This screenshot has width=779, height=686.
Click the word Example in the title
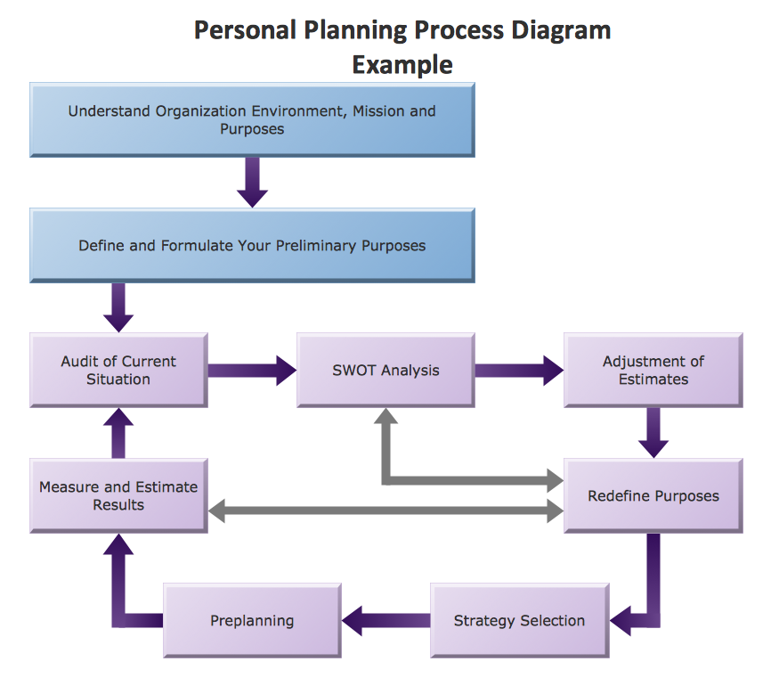pos(402,65)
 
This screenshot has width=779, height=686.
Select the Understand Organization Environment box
pos(252,120)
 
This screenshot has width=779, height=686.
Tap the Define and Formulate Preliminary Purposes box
pos(252,246)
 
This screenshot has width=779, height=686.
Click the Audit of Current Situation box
pos(118,371)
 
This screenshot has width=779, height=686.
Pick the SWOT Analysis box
pos(385,371)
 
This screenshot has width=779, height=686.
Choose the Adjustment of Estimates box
pos(653,371)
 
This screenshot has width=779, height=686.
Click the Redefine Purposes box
pos(653,495)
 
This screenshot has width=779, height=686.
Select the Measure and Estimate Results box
pos(118,495)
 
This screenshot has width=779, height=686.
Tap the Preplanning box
pos(252,621)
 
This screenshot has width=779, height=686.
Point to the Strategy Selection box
pos(519,621)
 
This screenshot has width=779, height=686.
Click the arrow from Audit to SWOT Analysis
pos(252,370)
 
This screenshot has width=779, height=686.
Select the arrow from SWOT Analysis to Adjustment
pos(519,370)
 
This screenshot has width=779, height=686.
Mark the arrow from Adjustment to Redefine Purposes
pos(653,431)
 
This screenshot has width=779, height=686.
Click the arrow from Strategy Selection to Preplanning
pos(385,620)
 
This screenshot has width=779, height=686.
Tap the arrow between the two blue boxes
pos(253,182)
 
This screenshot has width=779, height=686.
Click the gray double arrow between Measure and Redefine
pos(385,511)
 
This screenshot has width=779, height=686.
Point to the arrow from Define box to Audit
pos(118,306)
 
